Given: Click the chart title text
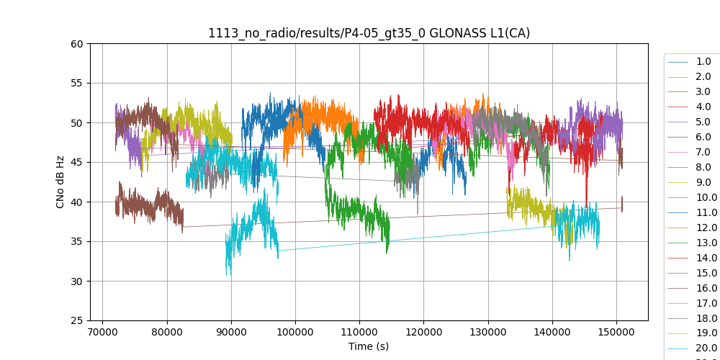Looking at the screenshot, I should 369,33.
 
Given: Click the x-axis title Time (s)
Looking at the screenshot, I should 369,346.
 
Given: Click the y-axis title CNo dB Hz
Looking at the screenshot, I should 60,182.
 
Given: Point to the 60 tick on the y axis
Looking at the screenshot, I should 78,44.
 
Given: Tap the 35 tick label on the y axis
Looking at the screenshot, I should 78,242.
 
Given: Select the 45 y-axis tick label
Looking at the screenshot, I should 78,163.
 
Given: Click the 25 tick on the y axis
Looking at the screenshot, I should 78,321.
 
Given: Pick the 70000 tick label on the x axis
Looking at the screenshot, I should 103,332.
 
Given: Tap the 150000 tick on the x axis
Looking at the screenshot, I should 616,332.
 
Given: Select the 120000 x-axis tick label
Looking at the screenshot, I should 424,332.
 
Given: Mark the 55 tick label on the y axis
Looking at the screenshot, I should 78,84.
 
